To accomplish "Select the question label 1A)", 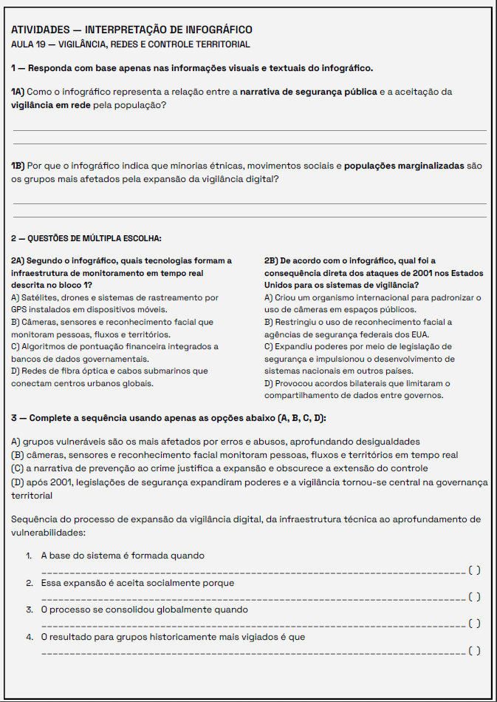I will [18, 92].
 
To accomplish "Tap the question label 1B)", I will [18, 166].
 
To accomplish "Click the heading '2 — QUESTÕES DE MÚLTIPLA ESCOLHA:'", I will [86, 238].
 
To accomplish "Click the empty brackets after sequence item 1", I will [475, 570].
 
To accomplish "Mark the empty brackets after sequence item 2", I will [475, 597].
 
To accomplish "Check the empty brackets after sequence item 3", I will [475, 624].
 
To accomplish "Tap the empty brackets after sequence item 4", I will [475, 650].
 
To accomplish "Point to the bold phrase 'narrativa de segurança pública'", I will [308, 92].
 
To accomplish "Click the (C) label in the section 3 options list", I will [18, 469].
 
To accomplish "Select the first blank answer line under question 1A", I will [250, 130].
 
